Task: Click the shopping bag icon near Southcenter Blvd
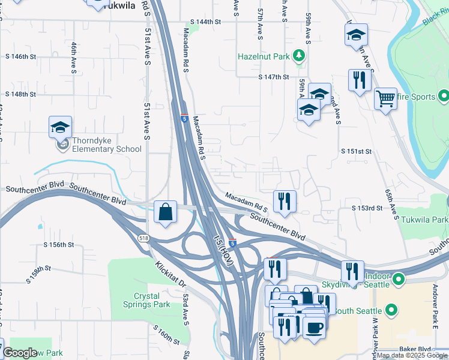click(x=165, y=212)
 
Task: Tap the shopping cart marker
click(x=385, y=97)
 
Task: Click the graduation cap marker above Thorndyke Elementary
click(x=60, y=127)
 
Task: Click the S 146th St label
click(x=21, y=56)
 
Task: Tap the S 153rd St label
click(x=367, y=208)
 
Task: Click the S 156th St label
click(x=59, y=245)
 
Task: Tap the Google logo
click(x=20, y=353)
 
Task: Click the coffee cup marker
click(x=314, y=328)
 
